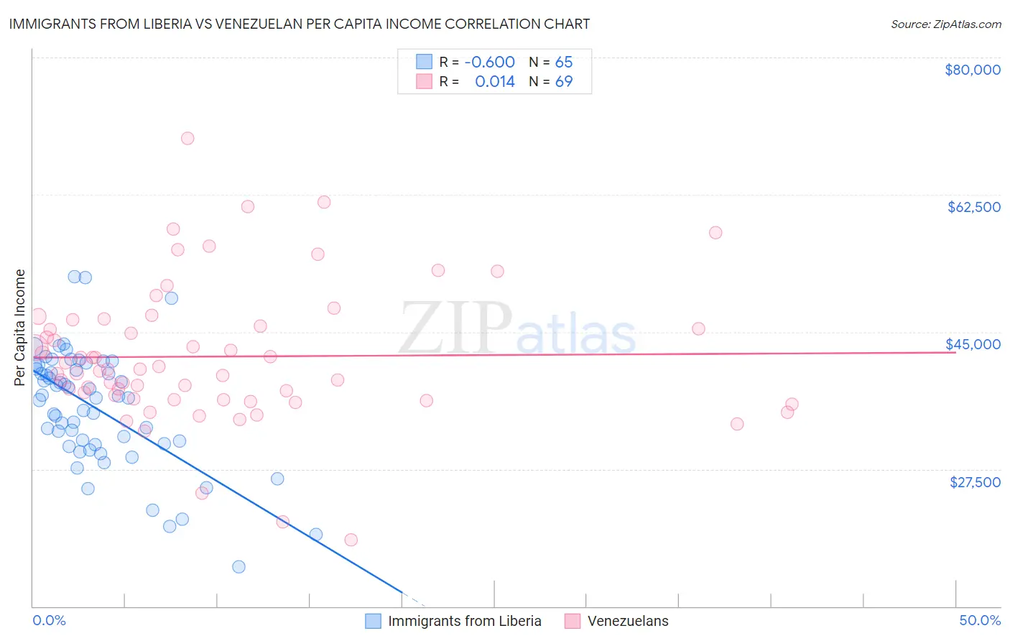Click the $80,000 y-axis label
point(972,70)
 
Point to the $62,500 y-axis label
point(973,207)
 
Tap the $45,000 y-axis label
point(973,344)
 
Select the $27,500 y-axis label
point(975,482)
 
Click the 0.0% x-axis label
point(49,620)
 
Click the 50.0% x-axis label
point(980,620)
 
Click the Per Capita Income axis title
point(20,327)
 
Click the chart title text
point(299,24)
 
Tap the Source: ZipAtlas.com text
point(945,24)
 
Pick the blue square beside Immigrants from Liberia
point(373,621)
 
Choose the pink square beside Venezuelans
point(572,621)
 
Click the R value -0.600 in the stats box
point(489,62)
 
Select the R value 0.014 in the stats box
point(495,81)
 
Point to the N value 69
point(564,81)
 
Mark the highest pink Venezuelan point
point(187,138)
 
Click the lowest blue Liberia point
point(239,566)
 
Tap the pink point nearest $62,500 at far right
point(715,233)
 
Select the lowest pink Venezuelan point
point(351,540)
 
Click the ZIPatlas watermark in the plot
point(517,329)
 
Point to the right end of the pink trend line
point(955,352)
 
